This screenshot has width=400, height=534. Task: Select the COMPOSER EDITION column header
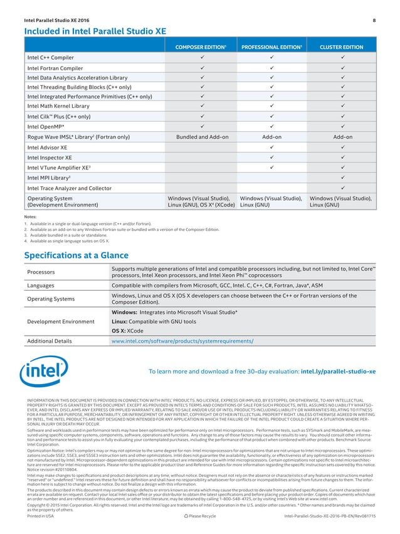click(x=201, y=47)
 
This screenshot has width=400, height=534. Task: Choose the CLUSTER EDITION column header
click(x=341, y=47)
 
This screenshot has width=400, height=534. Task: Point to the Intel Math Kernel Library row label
click(x=58, y=107)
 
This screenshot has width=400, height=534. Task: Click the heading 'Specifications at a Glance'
click(x=76, y=255)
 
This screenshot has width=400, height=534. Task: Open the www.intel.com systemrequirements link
click(x=182, y=341)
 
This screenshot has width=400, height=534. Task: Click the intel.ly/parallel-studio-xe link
click(x=339, y=371)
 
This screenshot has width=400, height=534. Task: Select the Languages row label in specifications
click(x=41, y=285)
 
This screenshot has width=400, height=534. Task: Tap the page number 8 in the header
click(x=374, y=21)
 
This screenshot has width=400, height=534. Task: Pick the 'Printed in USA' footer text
click(x=41, y=515)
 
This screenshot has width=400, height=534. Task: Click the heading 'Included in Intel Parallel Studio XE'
click(x=95, y=31)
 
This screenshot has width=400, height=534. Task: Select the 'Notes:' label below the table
click(x=30, y=216)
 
